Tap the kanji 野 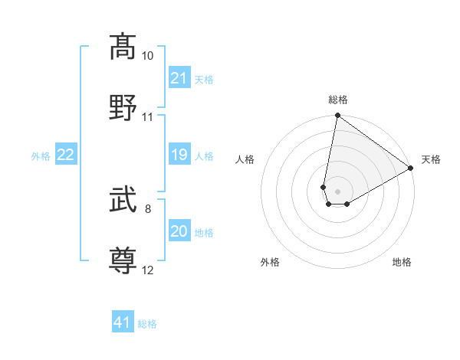point(123,106)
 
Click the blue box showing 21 point(179,77)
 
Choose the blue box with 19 point(179,155)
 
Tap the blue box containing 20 point(179,232)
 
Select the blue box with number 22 point(66,155)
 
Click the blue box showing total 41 point(123,322)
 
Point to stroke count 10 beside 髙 point(148,56)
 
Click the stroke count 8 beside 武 point(148,208)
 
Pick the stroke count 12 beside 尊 point(148,270)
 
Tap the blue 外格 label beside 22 point(41,156)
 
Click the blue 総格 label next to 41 point(147,323)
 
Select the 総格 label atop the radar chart point(338,100)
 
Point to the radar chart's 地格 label point(402,262)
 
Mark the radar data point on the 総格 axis point(337,116)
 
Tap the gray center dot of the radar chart point(338,191)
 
